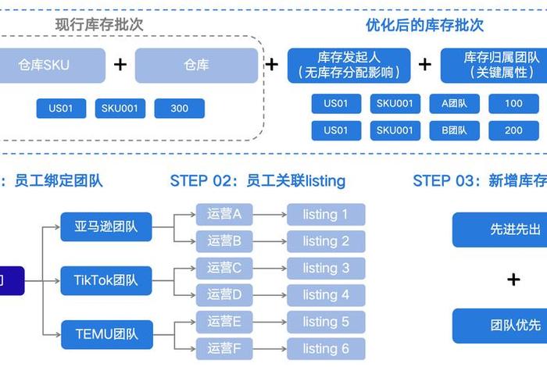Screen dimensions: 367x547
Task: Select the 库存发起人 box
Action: pos(349,66)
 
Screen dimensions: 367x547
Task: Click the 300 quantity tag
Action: pos(180,109)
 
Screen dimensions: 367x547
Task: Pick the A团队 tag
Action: pos(454,104)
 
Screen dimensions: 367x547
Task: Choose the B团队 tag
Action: pos(454,130)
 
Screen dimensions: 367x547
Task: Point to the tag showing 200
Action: pos(513,130)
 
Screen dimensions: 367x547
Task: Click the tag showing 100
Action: pos(513,104)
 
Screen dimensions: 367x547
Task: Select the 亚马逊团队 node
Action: pos(106,227)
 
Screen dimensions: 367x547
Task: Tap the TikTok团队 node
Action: pos(106,280)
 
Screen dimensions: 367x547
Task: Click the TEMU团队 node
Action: pos(106,334)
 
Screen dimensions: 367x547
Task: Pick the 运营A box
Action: pos(224,213)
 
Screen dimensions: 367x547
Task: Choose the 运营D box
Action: pos(224,294)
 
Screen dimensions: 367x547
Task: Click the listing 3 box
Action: pos(326,268)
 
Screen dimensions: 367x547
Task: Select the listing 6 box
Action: pos(326,348)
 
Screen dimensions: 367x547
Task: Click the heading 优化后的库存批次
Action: pos(424,25)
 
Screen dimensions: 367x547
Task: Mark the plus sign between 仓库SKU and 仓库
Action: pos(120,65)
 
